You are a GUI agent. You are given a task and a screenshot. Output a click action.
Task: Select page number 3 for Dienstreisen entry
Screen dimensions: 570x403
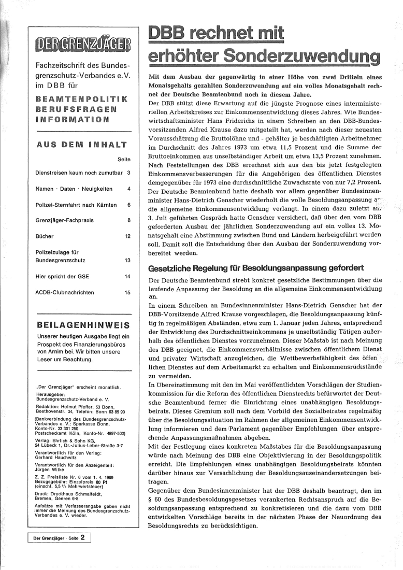pyautogui.click(x=128, y=172)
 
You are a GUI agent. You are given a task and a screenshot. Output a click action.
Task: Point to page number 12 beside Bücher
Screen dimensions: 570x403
pyautogui.click(x=127, y=238)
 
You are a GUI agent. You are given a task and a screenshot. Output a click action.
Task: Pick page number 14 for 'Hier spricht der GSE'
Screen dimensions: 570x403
pyautogui.click(x=127, y=276)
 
